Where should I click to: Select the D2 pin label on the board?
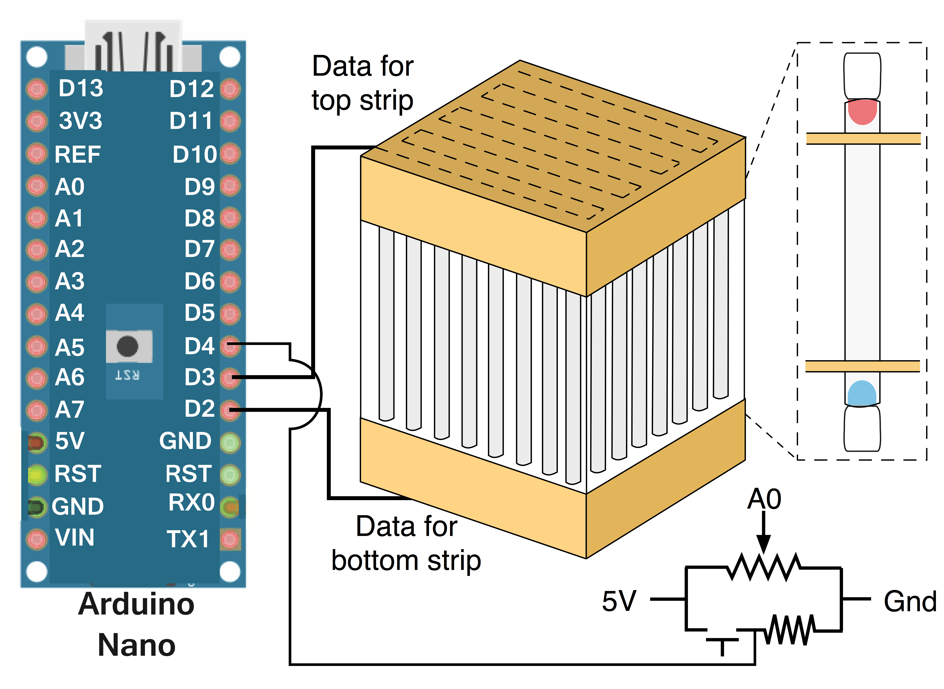click(199, 409)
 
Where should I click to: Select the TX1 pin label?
click(188, 539)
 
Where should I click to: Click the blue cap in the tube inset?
click(862, 393)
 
